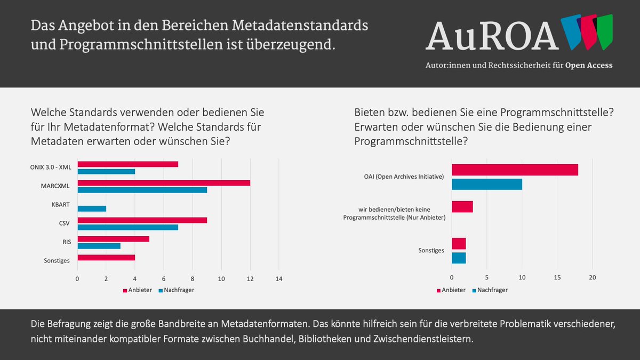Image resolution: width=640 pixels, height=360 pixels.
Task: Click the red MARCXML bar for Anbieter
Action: (164, 183)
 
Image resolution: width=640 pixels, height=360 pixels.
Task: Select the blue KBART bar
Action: (92, 209)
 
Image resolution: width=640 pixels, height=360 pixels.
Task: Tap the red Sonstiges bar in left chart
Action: (106, 258)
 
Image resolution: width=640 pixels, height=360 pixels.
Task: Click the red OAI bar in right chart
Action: (515, 170)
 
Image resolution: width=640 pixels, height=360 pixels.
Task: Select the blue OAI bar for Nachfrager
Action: (486, 185)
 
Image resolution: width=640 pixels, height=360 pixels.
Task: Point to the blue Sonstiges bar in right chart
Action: (459, 258)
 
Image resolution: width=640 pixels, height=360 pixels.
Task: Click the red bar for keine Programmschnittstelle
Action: (462, 207)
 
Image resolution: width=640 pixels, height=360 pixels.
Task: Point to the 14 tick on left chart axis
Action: (278, 279)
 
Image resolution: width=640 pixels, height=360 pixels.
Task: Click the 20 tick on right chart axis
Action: (592, 278)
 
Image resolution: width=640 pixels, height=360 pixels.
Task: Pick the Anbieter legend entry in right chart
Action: (451, 290)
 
